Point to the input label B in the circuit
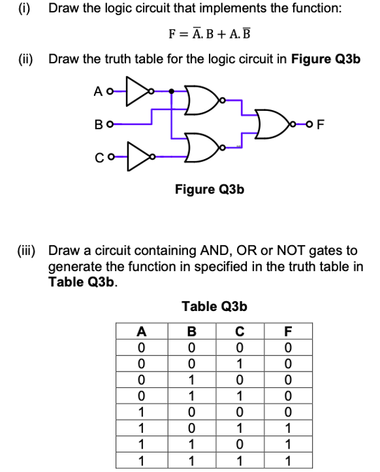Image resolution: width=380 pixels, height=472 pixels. click(x=98, y=123)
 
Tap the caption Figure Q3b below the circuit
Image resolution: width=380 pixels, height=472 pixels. click(x=210, y=189)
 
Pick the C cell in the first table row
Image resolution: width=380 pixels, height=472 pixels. click(x=240, y=346)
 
